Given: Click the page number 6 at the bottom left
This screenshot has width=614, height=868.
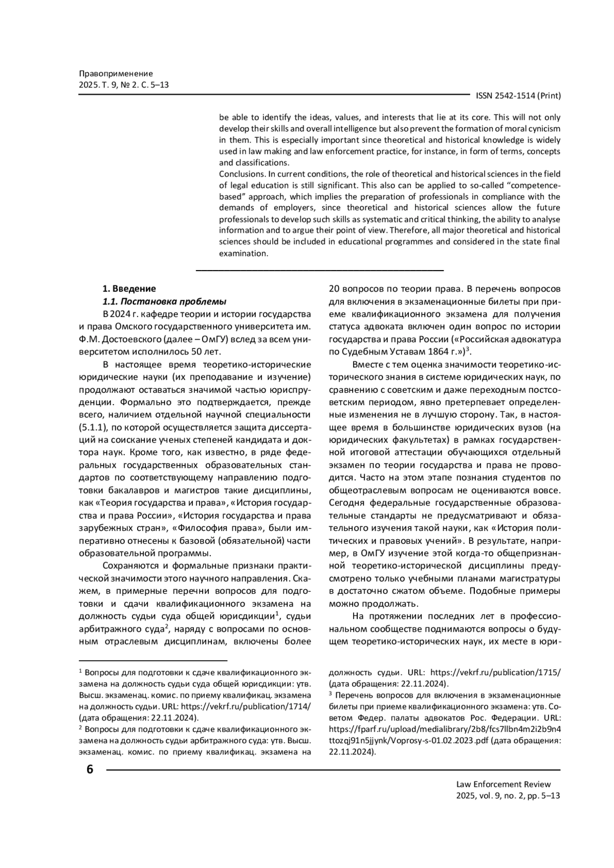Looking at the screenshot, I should (x=90, y=769).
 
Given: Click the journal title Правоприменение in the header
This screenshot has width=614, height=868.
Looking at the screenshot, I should (x=116, y=74).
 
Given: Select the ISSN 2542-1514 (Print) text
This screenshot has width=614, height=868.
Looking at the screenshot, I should (x=518, y=96).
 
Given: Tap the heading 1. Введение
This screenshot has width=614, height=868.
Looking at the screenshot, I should (x=129, y=288).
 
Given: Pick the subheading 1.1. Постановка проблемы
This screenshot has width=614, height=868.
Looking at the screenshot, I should (x=164, y=301).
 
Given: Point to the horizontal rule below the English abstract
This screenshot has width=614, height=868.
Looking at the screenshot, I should (x=320, y=270).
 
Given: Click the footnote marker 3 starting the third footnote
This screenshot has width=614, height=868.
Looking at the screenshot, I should (x=331, y=694).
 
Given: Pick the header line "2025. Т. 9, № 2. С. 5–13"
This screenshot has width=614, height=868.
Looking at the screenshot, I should (x=124, y=85).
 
